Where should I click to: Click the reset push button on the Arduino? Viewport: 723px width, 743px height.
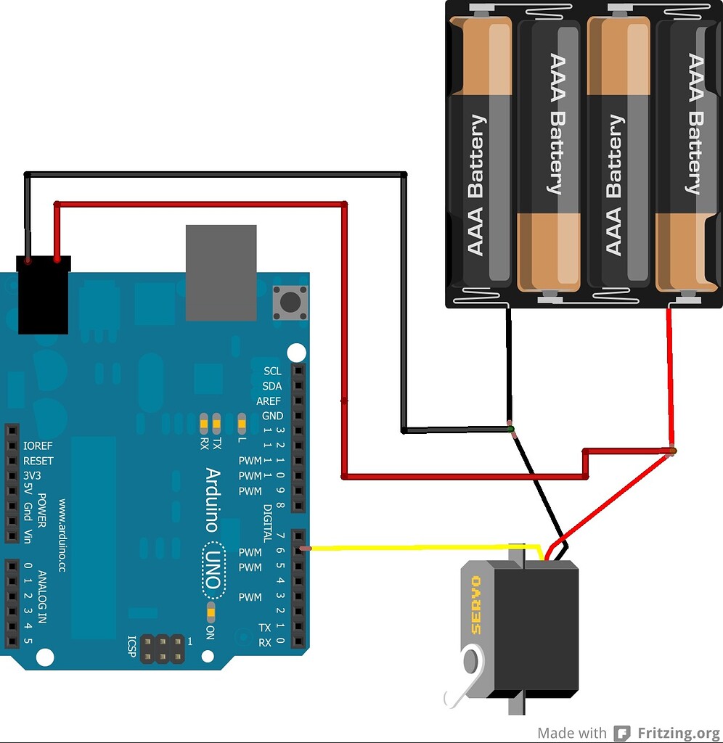point(290,301)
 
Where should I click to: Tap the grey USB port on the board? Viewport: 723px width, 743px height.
point(221,272)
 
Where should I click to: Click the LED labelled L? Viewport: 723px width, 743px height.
point(242,422)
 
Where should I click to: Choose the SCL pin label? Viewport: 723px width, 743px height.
point(272,371)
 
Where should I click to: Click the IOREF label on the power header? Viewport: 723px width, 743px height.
point(38,446)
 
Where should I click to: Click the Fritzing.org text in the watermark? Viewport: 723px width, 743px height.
point(678,733)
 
